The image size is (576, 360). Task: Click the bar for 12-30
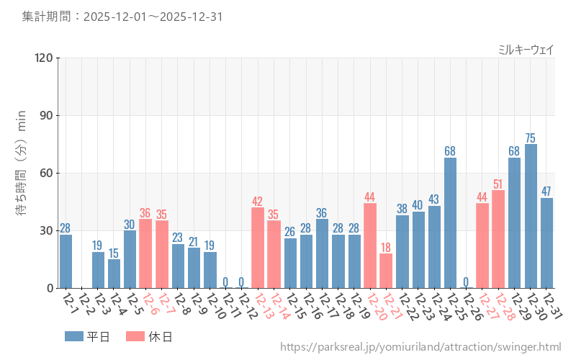(531, 216)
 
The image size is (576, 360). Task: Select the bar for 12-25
(450, 222)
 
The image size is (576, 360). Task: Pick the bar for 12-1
(66, 261)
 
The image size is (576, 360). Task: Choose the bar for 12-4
(114, 274)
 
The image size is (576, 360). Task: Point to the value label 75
(531, 138)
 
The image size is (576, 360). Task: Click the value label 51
(498, 184)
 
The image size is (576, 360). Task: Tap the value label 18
(386, 247)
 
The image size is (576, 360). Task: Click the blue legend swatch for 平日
(74, 336)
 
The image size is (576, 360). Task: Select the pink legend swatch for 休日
(135, 336)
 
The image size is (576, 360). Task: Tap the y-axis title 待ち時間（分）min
(22, 173)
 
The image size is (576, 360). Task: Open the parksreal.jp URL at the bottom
(420, 348)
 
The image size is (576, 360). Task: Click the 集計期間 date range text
(122, 16)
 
